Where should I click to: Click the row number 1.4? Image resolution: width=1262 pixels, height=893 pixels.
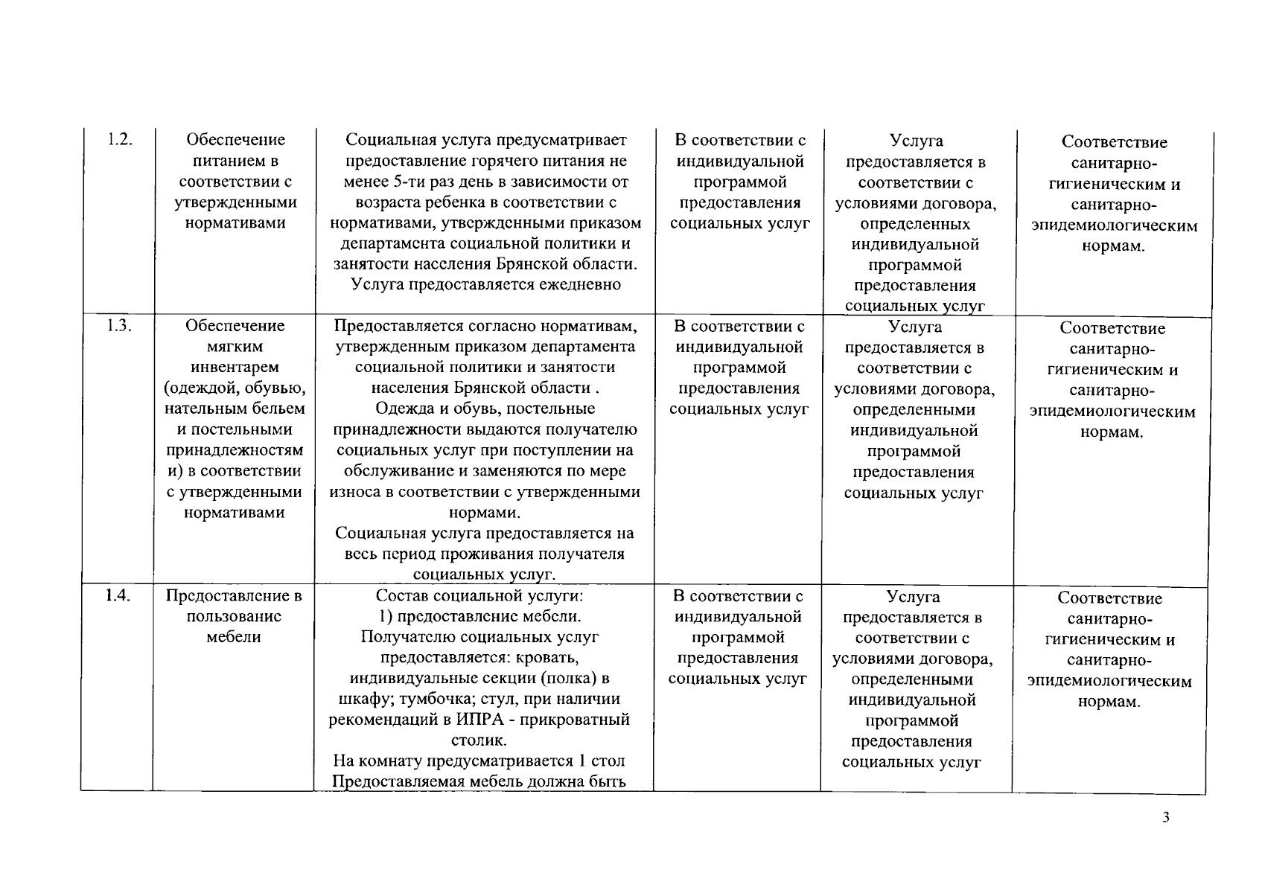point(118,595)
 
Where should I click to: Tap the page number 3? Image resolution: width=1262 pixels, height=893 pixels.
point(1166,818)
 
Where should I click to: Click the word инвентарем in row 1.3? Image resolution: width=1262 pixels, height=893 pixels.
point(235,367)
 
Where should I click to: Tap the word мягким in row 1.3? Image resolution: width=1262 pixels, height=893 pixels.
point(235,346)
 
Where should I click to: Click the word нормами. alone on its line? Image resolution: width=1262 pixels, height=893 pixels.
point(485,513)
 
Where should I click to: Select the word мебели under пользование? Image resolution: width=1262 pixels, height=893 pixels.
point(233,637)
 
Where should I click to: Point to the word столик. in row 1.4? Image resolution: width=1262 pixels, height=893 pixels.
point(479,740)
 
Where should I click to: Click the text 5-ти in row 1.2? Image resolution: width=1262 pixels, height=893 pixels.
point(398,182)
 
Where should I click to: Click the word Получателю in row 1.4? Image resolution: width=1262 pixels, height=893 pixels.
point(408,637)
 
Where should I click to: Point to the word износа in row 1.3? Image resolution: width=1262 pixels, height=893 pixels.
point(354,492)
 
